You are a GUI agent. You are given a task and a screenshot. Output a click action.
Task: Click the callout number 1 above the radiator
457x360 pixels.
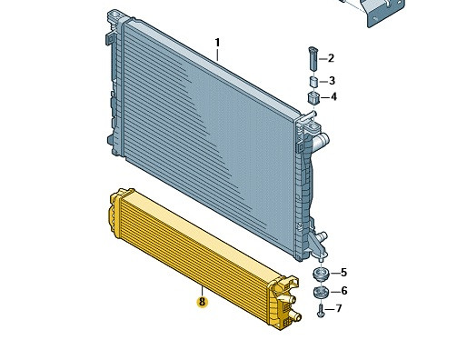point(217,43)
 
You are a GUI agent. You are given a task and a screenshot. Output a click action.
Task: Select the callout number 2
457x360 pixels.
point(331,58)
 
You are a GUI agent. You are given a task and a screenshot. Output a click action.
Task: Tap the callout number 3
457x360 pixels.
point(332,81)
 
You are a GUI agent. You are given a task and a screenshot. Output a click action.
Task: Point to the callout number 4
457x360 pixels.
point(333,97)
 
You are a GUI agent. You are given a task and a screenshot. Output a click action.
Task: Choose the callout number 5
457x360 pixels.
point(343,273)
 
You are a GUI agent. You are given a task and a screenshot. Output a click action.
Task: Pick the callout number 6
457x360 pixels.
point(344,291)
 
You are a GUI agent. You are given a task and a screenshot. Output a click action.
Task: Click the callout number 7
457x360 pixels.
point(339,308)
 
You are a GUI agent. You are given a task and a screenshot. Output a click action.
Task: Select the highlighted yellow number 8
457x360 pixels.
point(202,302)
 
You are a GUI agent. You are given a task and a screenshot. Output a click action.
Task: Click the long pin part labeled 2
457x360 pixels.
point(313,59)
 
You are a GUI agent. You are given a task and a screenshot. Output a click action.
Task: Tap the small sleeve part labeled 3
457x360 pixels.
point(313,82)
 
